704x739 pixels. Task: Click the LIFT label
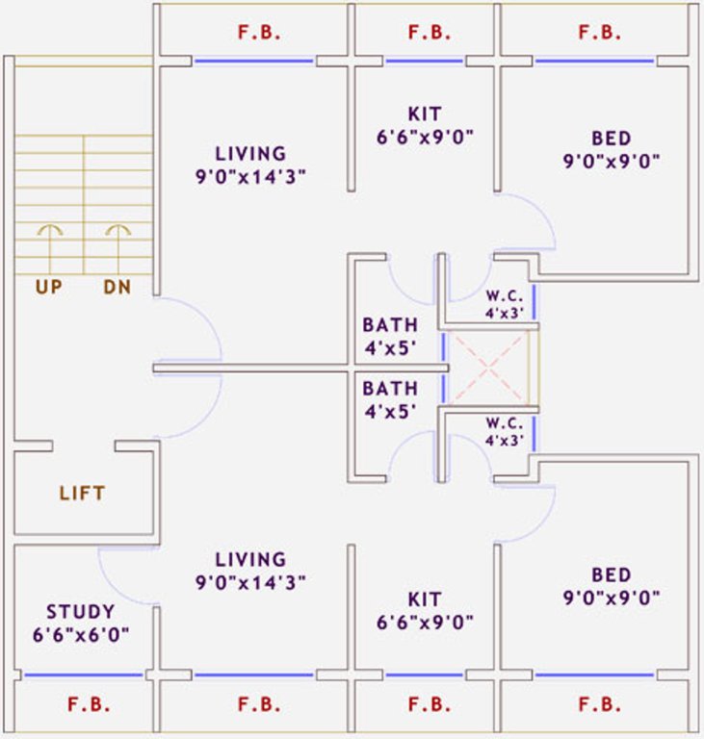(82, 494)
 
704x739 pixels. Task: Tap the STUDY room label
(81, 612)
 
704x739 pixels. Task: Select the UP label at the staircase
(48, 286)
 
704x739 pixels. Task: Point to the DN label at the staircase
(117, 286)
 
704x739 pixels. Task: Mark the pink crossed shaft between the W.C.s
(489, 367)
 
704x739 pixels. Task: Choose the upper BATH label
(390, 324)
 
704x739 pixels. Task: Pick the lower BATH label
(390, 389)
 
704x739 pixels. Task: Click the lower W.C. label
(505, 424)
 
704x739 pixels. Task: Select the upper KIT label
(425, 115)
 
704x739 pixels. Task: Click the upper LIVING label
(250, 153)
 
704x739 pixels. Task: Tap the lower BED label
(612, 575)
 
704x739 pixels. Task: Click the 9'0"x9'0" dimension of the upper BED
(612, 161)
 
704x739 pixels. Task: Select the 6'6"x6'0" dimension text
(81, 634)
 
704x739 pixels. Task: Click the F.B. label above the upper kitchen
(429, 33)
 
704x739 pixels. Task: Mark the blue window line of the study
(83, 675)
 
